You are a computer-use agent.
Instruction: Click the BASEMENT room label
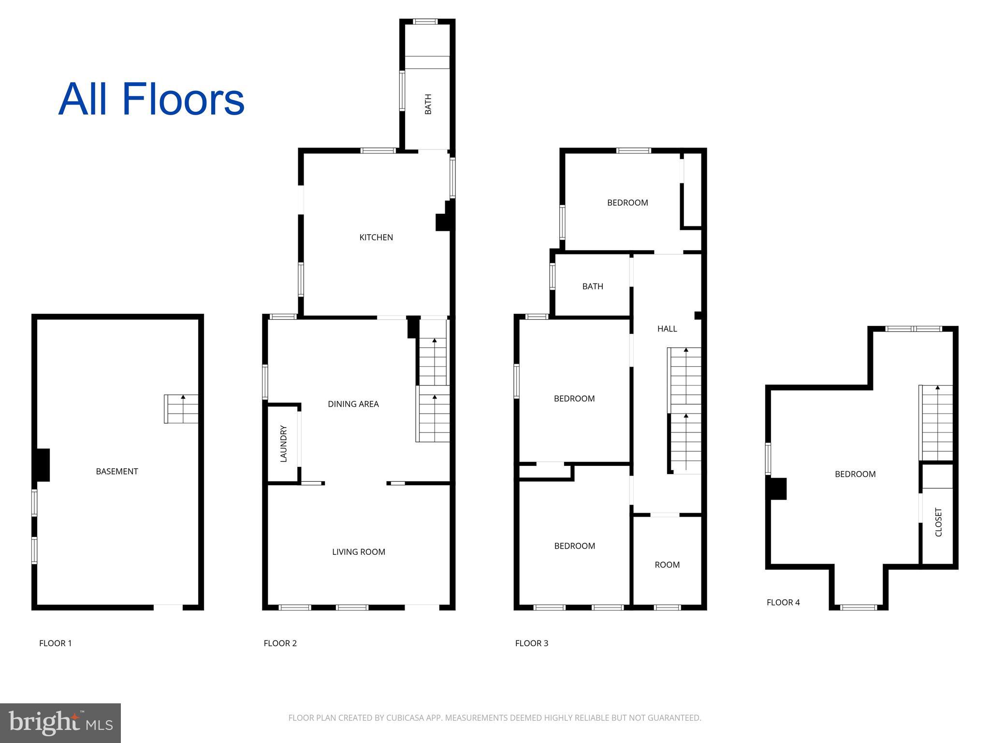(x=117, y=471)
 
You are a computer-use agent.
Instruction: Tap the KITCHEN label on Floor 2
(x=376, y=237)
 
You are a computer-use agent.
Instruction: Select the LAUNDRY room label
(x=284, y=444)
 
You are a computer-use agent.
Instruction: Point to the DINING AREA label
(x=353, y=404)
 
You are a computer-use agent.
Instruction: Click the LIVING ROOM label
(x=359, y=552)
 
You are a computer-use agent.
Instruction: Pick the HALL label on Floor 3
(x=667, y=329)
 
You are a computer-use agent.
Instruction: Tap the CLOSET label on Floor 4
(x=939, y=522)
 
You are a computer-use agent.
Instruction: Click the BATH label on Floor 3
(x=593, y=286)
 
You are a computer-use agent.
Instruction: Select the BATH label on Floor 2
(x=428, y=104)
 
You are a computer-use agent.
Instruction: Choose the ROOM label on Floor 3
(x=667, y=565)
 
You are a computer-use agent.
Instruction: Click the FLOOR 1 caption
(x=56, y=643)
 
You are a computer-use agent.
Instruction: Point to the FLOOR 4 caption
(x=783, y=602)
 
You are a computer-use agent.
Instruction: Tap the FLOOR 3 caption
(x=532, y=643)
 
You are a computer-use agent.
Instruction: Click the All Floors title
(x=151, y=100)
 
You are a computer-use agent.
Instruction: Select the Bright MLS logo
(x=60, y=723)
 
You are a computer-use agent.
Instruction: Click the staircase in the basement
(x=181, y=409)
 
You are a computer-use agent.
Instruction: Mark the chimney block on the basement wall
(x=43, y=465)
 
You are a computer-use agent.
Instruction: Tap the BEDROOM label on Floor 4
(x=855, y=474)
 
